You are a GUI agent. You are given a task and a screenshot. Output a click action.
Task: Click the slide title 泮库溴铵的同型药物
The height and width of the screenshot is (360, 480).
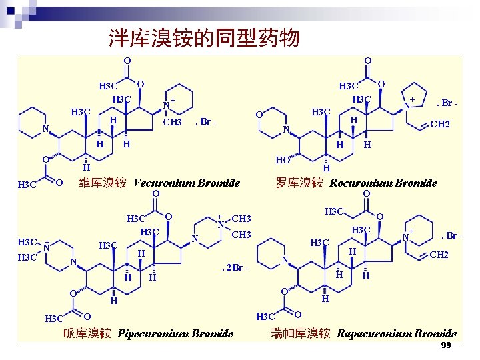(204, 38)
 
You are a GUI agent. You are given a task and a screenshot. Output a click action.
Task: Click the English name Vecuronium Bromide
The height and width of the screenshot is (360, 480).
(187, 183)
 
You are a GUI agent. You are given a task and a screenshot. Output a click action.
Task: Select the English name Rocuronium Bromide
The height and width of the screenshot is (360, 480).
(383, 183)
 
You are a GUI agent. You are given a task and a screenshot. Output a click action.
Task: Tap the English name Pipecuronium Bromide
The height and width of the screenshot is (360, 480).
(175, 333)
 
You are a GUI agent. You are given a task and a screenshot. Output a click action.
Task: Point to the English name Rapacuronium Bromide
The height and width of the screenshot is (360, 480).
(397, 333)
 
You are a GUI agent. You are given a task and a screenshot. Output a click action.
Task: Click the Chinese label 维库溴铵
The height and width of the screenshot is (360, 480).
(103, 183)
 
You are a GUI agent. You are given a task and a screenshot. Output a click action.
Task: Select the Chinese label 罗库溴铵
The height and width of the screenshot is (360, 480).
(300, 183)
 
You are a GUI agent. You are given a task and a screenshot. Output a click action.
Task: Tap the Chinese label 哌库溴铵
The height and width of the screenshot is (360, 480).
(87, 333)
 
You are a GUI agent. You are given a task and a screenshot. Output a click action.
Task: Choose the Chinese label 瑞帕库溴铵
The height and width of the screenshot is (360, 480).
(301, 333)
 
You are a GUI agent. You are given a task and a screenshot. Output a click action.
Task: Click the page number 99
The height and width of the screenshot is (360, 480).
(446, 345)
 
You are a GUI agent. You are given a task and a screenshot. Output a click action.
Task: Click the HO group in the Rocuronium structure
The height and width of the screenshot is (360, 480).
(282, 161)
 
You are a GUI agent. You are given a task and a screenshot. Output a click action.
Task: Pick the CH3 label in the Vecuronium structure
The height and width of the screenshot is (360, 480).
(173, 123)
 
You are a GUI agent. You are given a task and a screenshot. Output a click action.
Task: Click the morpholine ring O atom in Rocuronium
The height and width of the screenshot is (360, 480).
(259, 115)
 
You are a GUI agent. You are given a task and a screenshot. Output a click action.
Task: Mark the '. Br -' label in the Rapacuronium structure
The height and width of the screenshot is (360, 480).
(451, 235)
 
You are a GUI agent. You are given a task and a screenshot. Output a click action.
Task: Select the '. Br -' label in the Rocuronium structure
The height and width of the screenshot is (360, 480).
(446, 103)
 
